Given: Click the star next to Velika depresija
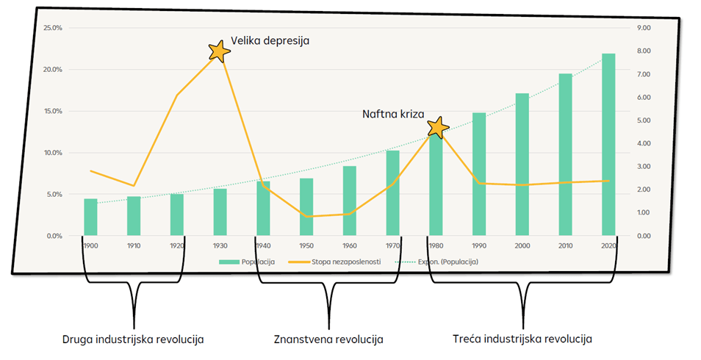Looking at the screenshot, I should click(219, 51).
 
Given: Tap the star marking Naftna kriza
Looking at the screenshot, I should click(438, 127).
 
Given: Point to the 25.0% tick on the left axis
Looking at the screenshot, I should click(53, 28).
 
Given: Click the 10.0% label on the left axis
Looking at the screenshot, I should click(53, 153).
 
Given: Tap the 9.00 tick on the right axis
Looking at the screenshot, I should click(644, 28).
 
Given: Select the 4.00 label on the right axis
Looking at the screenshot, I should click(644, 143).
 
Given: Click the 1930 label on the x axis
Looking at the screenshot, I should click(220, 245).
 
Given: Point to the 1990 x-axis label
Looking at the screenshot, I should click(479, 245).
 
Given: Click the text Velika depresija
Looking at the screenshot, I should click(270, 41).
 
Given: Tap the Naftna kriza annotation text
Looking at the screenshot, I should click(394, 114).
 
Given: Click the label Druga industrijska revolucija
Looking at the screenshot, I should click(133, 339).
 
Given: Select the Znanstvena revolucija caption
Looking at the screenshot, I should click(328, 339).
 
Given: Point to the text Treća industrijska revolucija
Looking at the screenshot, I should click(521, 339).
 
